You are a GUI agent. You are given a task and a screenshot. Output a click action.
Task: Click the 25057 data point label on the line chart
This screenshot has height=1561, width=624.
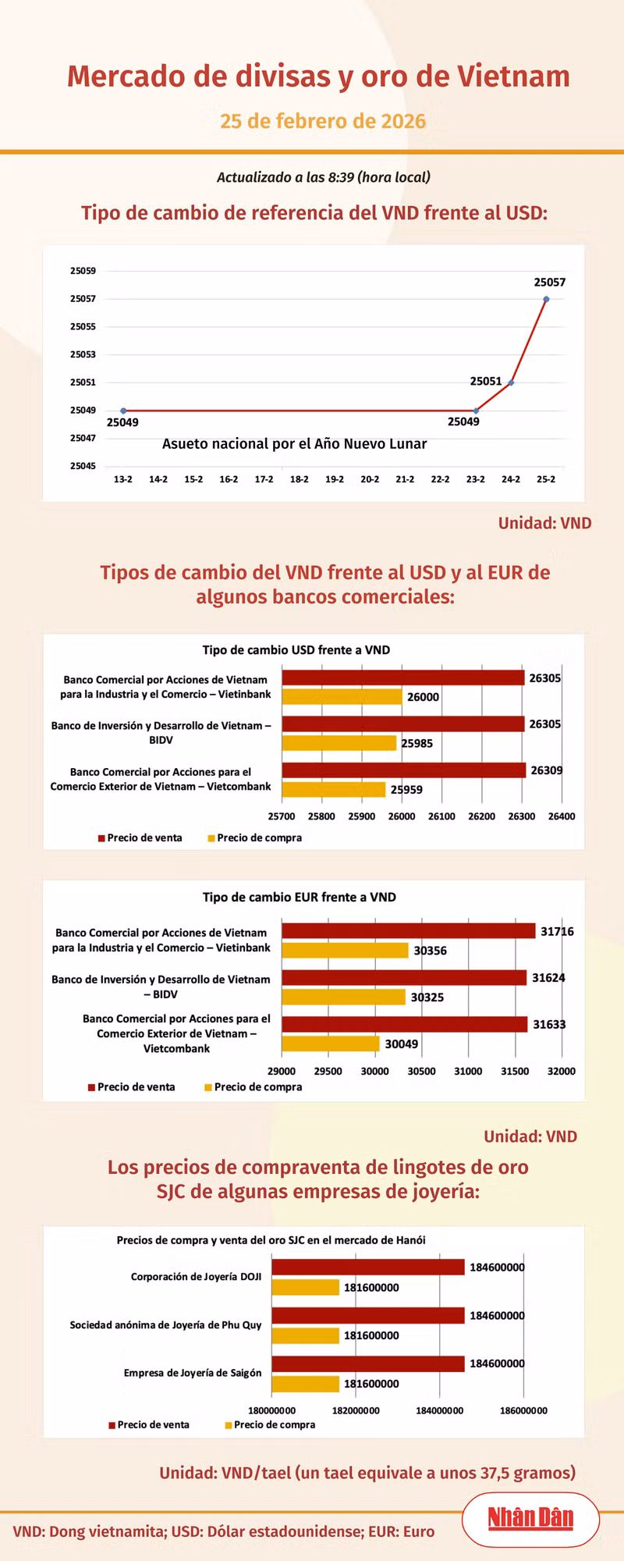coord(549,283)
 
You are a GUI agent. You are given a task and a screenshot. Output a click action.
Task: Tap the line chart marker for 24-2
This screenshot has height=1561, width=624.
coord(511,382)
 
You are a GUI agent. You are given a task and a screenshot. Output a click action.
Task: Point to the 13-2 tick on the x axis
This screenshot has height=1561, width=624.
coord(123,479)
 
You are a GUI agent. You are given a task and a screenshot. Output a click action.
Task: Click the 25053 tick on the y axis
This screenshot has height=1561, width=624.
coord(83,354)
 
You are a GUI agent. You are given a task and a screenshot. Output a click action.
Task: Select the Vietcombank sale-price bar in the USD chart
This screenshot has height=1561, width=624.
coord(403,770)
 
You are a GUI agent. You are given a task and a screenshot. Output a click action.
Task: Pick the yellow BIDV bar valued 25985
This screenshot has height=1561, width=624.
coord(339,743)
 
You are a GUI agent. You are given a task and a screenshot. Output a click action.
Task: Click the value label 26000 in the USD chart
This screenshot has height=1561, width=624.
coord(423,697)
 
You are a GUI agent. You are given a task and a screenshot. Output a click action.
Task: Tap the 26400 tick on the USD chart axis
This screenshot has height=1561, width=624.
coord(562,816)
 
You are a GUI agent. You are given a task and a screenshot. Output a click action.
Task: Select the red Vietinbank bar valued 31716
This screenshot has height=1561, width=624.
coord(408,931)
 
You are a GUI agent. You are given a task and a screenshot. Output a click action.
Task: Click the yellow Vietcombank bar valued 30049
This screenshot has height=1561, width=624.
coord(330,1044)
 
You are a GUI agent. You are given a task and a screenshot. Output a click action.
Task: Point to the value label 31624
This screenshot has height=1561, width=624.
coord(548,978)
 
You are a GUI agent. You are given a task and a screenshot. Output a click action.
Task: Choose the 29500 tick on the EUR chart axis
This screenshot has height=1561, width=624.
coord(328,1072)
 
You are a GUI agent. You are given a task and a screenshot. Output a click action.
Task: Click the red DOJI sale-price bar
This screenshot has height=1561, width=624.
coord(367,1267)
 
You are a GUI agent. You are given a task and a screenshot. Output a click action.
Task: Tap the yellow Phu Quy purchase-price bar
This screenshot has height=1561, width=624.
coord(305,1335)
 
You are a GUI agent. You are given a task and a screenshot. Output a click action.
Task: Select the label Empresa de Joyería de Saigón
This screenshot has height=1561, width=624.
coord(193,1373)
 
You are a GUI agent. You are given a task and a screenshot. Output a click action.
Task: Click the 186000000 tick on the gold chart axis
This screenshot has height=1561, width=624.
coord(523,1410)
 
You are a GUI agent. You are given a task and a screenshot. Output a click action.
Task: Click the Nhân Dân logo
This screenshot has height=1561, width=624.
coord(530,1518)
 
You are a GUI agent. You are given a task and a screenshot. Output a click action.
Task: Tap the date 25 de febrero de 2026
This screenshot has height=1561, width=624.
coord(323,122)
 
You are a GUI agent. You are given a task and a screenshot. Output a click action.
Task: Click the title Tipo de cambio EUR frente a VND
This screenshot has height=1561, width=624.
coord(299,898)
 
